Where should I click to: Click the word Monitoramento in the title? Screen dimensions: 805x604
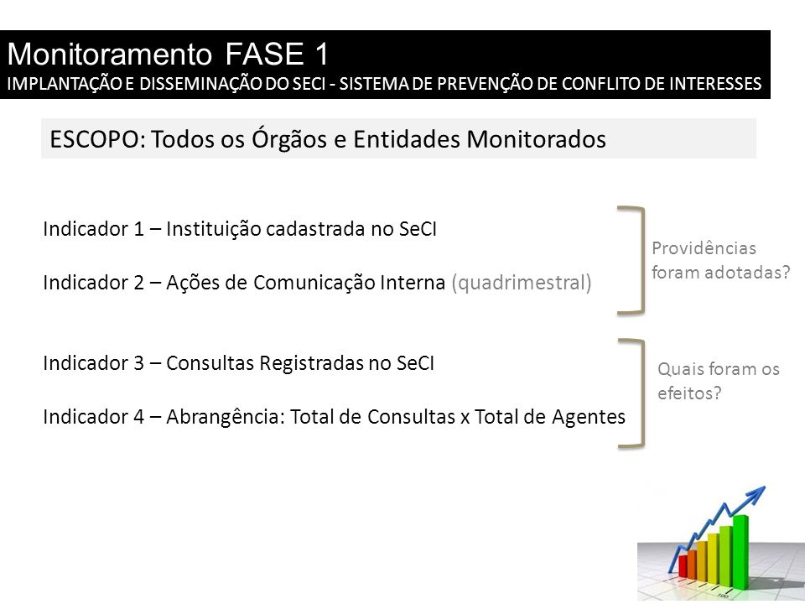110,54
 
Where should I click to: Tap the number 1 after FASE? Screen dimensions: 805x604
321,54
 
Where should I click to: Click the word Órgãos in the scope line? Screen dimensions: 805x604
289,138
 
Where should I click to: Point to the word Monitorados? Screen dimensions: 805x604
536,139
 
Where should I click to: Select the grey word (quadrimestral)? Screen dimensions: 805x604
522,283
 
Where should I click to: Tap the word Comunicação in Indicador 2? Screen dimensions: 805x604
314,283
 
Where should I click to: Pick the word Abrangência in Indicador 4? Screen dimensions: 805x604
226,417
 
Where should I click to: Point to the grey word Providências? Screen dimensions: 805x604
704,248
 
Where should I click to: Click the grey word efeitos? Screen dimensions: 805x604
689,393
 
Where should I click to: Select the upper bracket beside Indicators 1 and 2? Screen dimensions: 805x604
641,259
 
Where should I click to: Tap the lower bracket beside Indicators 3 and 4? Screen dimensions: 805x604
641,393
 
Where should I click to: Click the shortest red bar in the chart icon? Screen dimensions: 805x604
683,566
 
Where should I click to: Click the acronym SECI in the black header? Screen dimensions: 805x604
310,84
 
